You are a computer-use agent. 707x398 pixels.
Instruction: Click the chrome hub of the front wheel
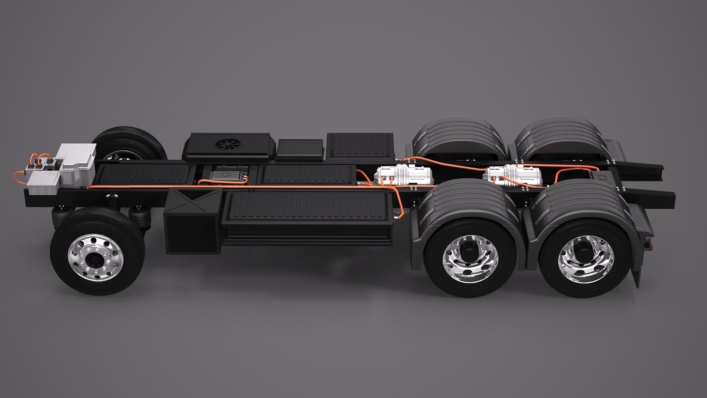pos(96,257)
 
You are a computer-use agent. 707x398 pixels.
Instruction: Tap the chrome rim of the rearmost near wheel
pos(586,258)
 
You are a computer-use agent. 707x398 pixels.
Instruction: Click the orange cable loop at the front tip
pos(18,177)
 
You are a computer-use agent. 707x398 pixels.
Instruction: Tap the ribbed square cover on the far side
pos(360,146)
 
